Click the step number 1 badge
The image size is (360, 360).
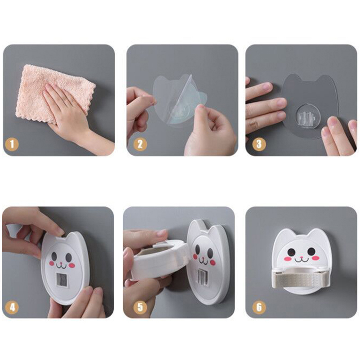point(12,144)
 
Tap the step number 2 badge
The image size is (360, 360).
point(140,144)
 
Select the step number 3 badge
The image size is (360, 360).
point(259,144)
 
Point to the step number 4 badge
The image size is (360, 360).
point(12,307)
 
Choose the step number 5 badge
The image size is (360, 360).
point(140,307)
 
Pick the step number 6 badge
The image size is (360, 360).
point(259,307)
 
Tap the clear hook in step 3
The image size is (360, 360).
point(305,118)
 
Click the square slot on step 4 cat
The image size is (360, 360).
point(62,279)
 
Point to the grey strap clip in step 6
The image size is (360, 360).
point(300,279)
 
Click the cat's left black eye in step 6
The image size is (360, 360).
point(292,252)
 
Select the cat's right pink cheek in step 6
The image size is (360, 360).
point(316,258)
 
